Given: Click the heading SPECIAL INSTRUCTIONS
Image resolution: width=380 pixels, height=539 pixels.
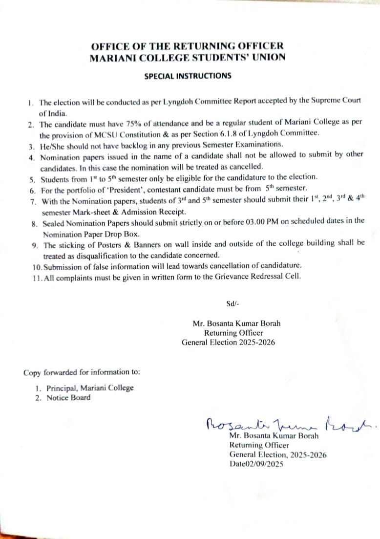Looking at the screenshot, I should pos(188,76).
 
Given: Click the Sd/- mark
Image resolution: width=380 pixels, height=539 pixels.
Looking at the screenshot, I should pos(232,303).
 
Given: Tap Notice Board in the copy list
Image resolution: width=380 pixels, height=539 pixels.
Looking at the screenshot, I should pos(68,398).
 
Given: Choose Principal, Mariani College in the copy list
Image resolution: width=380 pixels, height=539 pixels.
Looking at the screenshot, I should pos(90,388).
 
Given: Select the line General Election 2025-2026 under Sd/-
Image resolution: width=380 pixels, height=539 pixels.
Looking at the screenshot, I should pos(228,343).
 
